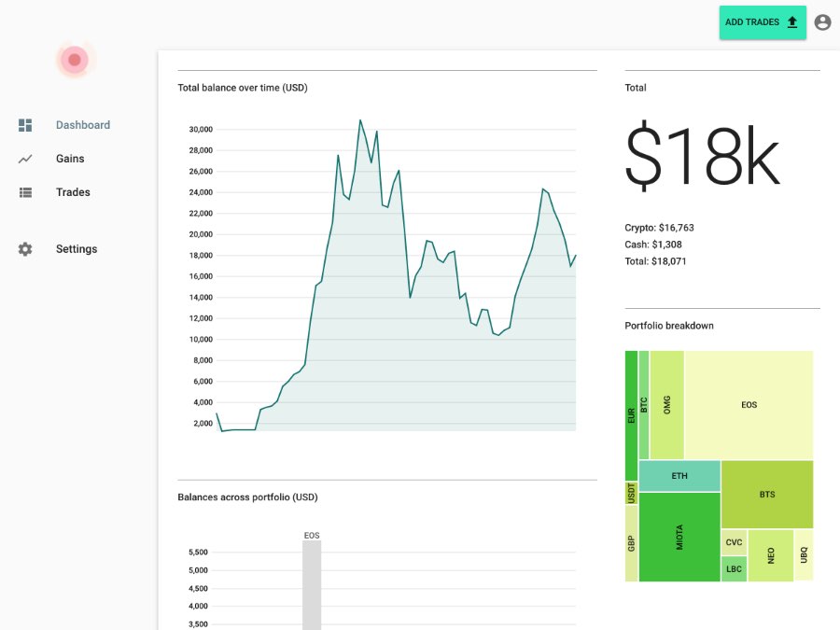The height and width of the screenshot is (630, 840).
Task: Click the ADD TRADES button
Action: click(762, 22)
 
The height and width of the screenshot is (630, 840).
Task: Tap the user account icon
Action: click(822, 22)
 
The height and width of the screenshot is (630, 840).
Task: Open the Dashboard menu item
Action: click(82, 125)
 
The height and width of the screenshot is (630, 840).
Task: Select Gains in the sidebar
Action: click(70, 159)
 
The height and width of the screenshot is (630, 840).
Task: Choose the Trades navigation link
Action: click(73, 192)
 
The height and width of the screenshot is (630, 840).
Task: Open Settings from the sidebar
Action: click(77, 249)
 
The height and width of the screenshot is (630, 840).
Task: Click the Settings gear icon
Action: click(25, 249)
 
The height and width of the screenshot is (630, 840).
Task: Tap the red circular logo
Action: click(75, 61)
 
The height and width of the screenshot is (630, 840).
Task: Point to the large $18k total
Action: click(701, 156)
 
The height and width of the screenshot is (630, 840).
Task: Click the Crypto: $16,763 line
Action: click(659, 228)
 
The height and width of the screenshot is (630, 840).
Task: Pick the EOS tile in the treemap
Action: click(749, 405)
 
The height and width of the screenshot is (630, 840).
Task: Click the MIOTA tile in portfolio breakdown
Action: click(679, 537)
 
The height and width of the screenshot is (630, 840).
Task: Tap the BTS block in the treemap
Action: click(766, 495)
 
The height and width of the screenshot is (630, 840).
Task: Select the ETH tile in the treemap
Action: click(679, 476)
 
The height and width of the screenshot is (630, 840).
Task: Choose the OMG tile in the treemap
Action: click(666, 405)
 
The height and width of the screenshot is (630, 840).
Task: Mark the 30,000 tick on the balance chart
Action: click(201, 129)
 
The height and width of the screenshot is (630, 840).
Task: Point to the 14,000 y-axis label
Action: click(201, 297)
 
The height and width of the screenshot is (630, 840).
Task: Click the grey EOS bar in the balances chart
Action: click(312, 583)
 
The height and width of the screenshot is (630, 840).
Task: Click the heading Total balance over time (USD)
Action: click(243, 88)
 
